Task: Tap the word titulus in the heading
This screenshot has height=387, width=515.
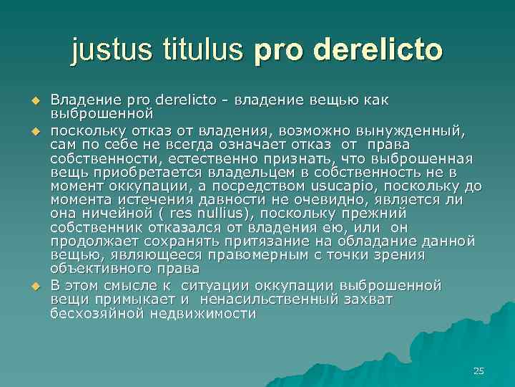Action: (206, 51)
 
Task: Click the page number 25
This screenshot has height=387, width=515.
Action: (479, 371)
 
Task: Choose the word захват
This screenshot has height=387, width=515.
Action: (368, 300)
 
